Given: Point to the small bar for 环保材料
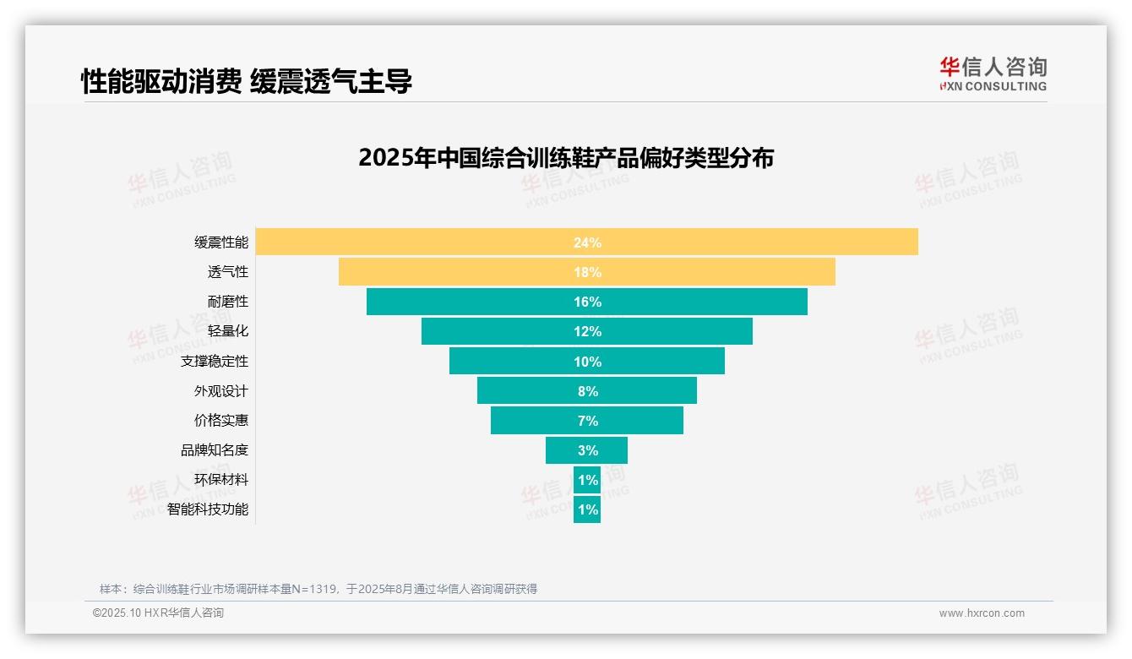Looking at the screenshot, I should (587, 480).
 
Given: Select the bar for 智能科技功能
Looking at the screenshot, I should (587, 509).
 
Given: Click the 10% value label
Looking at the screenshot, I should (587, 362).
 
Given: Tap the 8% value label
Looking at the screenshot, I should (587, 391).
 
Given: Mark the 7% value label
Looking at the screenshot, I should (587, 421).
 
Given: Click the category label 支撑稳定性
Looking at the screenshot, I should (215, 362).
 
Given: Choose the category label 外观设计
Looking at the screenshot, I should (221, 391).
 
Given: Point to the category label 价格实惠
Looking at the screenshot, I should (221, 421).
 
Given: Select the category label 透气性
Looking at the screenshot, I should (228, 272).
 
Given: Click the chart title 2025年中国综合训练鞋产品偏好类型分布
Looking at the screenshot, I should (566, 158).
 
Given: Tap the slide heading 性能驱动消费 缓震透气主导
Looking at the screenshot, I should (247, 82).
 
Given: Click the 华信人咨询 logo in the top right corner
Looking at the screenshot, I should (993, 74).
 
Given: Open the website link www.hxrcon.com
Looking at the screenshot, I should (982, 613).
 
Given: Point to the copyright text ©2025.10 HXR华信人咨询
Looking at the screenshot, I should (158, 613).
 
